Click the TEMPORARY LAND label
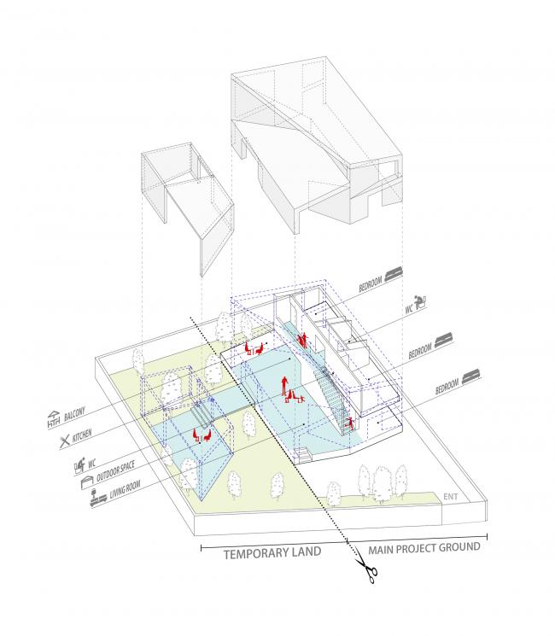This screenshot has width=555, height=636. click(x=272, y=553)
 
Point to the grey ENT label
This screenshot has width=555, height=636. click(x=450, y=497)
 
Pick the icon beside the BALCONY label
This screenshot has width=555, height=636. click(x=54, y=420)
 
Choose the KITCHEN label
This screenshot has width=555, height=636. click(x=82, y=436)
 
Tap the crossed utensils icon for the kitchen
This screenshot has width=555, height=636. click(x=65, y=441)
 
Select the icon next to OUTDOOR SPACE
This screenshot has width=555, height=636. click(x=87, y=482)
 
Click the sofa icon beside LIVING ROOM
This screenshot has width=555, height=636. click(x=98, y=499)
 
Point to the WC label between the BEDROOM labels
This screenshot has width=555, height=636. click(x=409, y=309)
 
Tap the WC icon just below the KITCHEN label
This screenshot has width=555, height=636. click(x=80, y=464)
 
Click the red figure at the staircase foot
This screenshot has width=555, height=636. click(x=349, y=424)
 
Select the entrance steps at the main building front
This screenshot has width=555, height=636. click(x=303, y=454)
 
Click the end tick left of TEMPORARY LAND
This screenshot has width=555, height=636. click(x=202, y=548)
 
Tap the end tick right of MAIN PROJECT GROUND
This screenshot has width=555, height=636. click(x=487, y=536)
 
